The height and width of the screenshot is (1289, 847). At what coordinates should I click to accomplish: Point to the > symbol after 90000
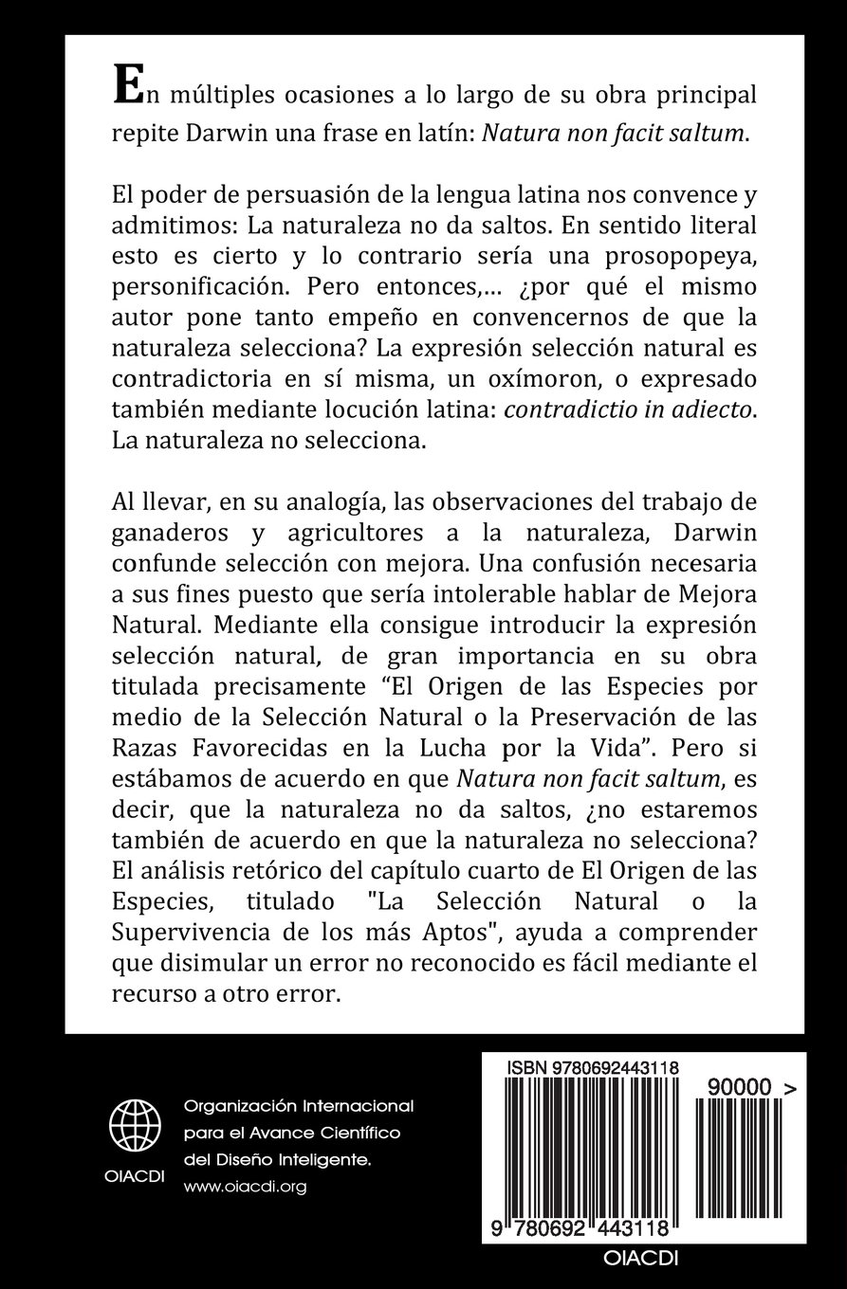click(x=790, y=1091)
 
